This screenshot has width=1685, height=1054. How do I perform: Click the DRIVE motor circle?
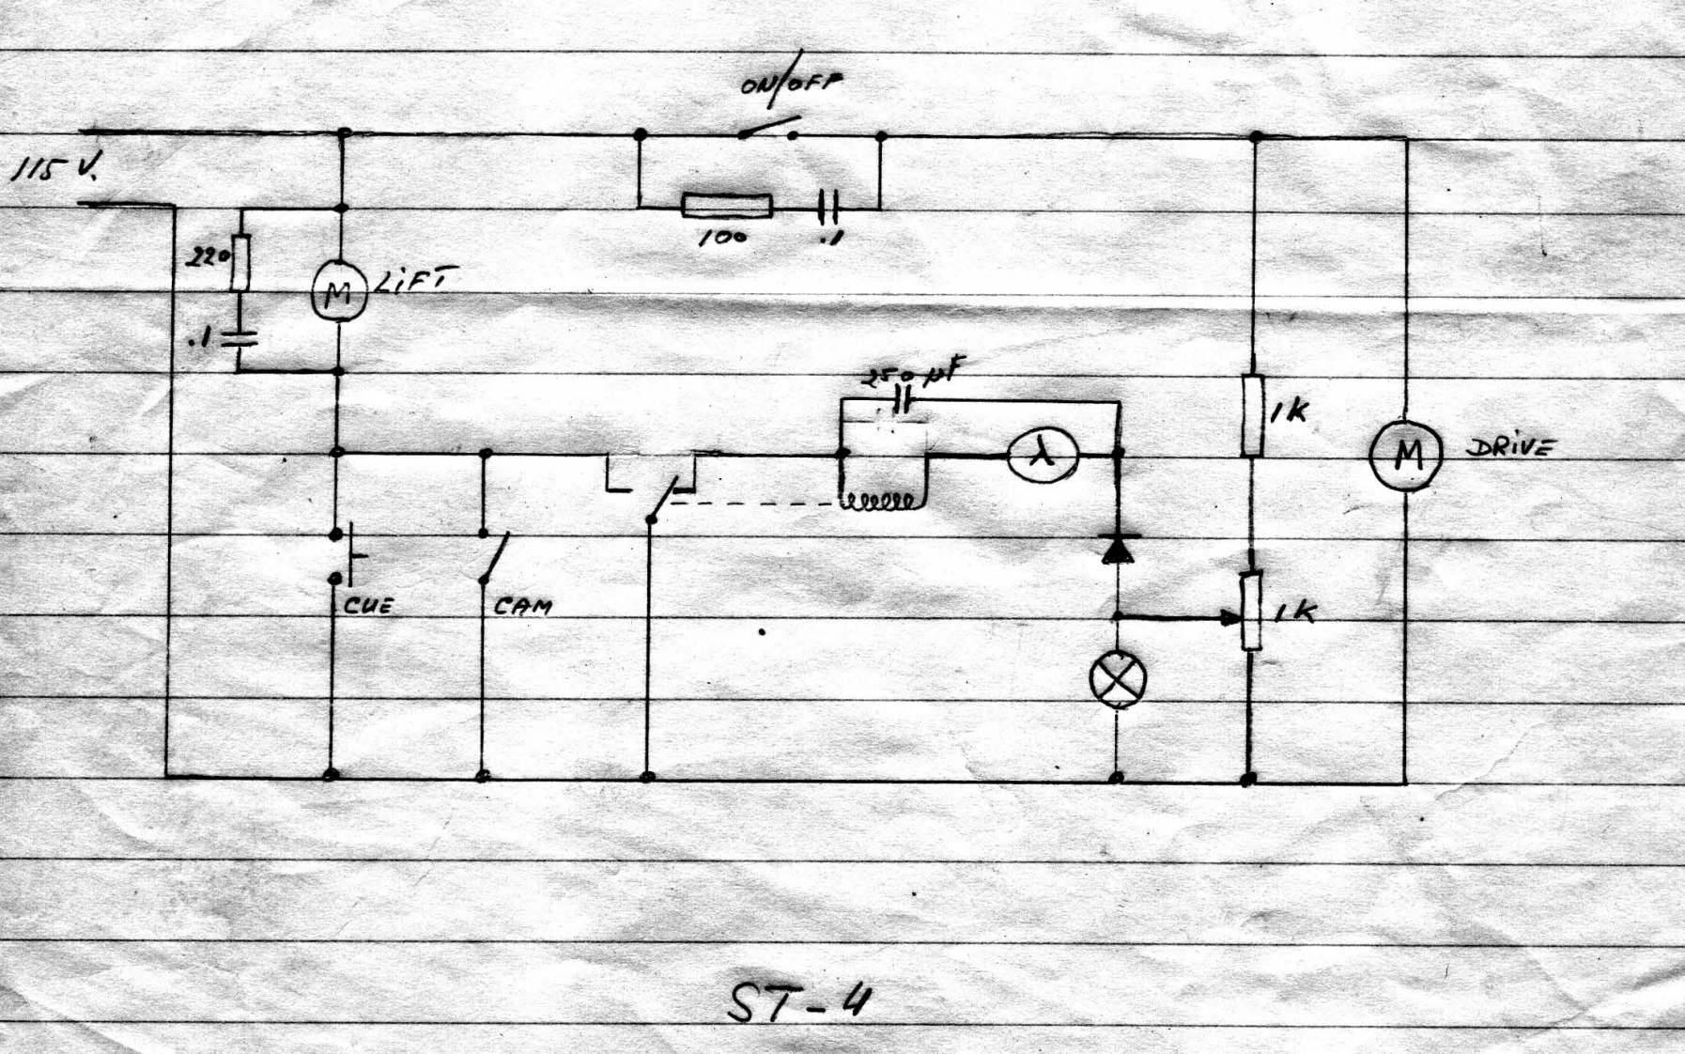tap(1405, 456)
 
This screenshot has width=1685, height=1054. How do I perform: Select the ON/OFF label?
tap(791, 84)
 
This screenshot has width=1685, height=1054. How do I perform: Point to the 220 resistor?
tap(241, 263)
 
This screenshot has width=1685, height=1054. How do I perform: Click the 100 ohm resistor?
tap(727, 206)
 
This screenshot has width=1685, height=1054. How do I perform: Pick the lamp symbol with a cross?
tap(1118, 678)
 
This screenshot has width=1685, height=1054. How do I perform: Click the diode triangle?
tap(1118, 549)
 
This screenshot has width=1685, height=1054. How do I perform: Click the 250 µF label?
tap(911, 376)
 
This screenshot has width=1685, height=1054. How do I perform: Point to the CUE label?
tap(368, 606)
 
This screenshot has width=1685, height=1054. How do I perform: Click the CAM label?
tap(522, 607)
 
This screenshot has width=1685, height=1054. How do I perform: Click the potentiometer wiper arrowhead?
tap(1230, 618)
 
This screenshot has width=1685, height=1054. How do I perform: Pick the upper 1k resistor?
tap(1253, 415)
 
